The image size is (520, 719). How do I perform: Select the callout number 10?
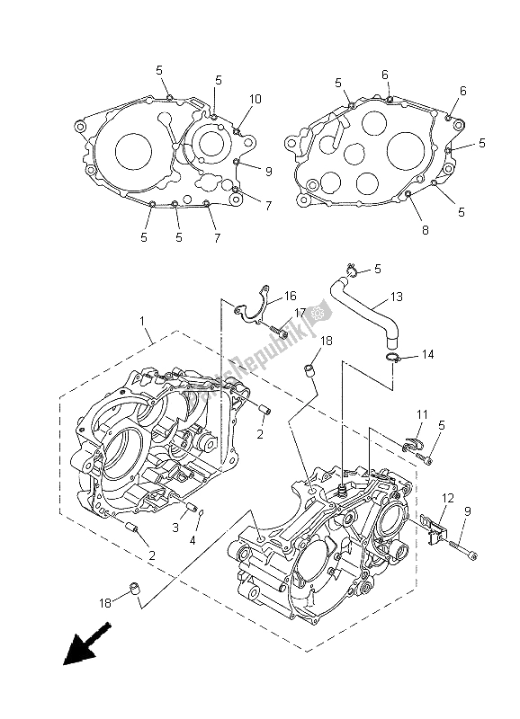[x=256, y=99]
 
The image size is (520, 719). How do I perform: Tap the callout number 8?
[x=425, y=230]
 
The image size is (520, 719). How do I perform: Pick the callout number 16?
[x=291, y=295]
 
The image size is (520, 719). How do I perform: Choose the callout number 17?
[x=300, y=314]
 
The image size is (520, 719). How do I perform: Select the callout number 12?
[x=447, y=499]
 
